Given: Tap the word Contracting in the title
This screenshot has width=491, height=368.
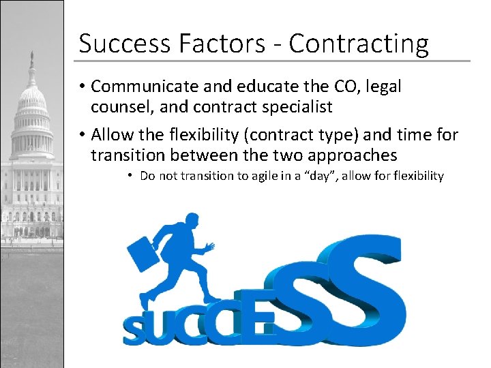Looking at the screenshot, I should pos(359,44).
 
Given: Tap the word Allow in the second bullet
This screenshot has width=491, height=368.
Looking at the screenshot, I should pos(110,134).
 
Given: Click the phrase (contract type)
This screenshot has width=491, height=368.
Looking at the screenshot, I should pos(299,134).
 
